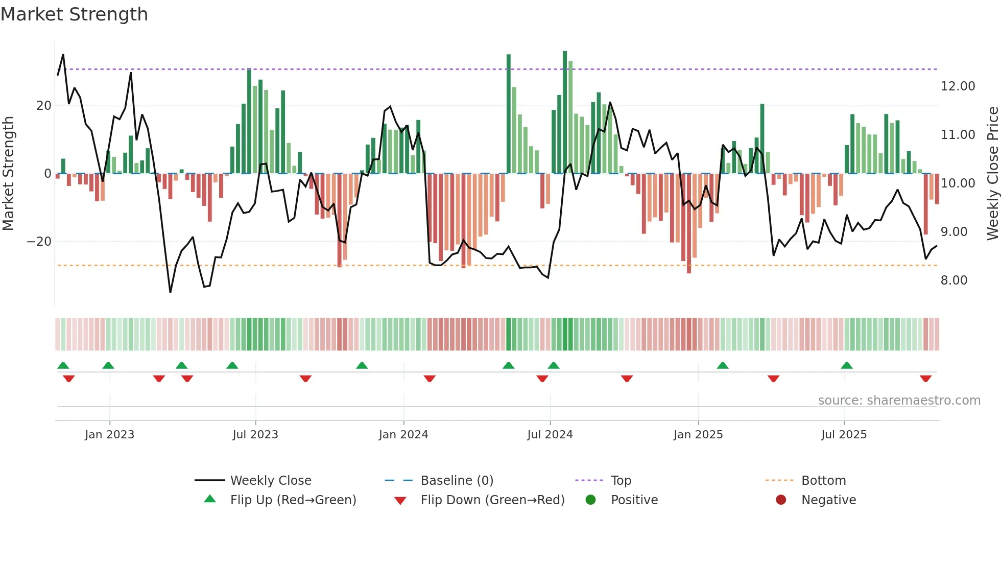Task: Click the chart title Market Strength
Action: tap(74, 14)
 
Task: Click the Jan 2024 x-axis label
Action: tap(403, 435)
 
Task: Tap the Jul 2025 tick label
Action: tap(844, 435)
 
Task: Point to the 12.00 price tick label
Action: tap(958, 86)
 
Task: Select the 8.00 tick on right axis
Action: tap(954, 280)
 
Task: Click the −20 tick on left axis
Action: tap(39, 242)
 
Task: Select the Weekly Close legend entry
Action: tap(270, 481)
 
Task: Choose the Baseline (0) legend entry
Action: tap(457, 481)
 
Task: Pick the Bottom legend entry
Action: tap(823, 481)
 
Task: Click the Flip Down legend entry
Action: tap(492, 500)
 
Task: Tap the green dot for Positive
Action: tap(590, 500)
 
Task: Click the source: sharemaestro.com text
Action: tap(899, 401)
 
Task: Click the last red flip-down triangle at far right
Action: tap(925, 379)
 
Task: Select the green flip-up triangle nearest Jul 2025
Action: tap(846, 365)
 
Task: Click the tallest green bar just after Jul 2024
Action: tap(565, 112)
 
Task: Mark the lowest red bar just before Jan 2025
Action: tap(689, 223)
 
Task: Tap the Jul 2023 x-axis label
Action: tap(255, 435)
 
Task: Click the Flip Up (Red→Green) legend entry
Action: tap(293, 500)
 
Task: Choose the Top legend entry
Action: tap(621, 481)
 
